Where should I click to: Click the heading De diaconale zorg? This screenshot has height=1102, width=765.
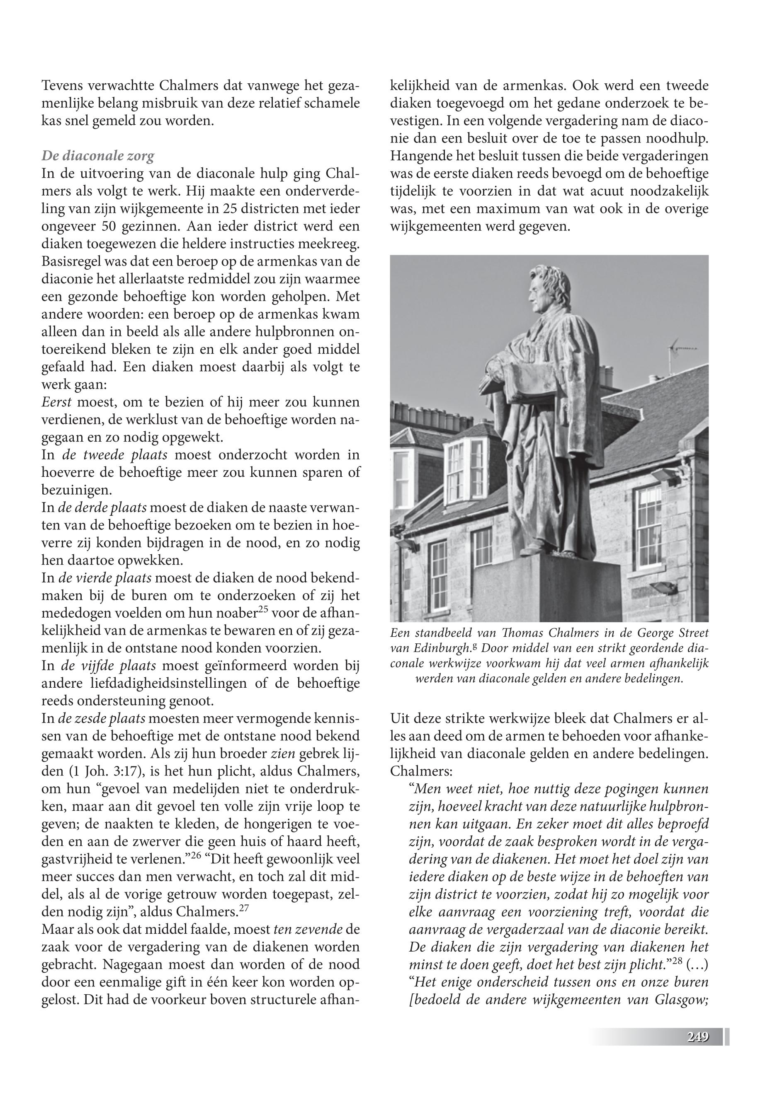pyautogui.click(x=98, y=156)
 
